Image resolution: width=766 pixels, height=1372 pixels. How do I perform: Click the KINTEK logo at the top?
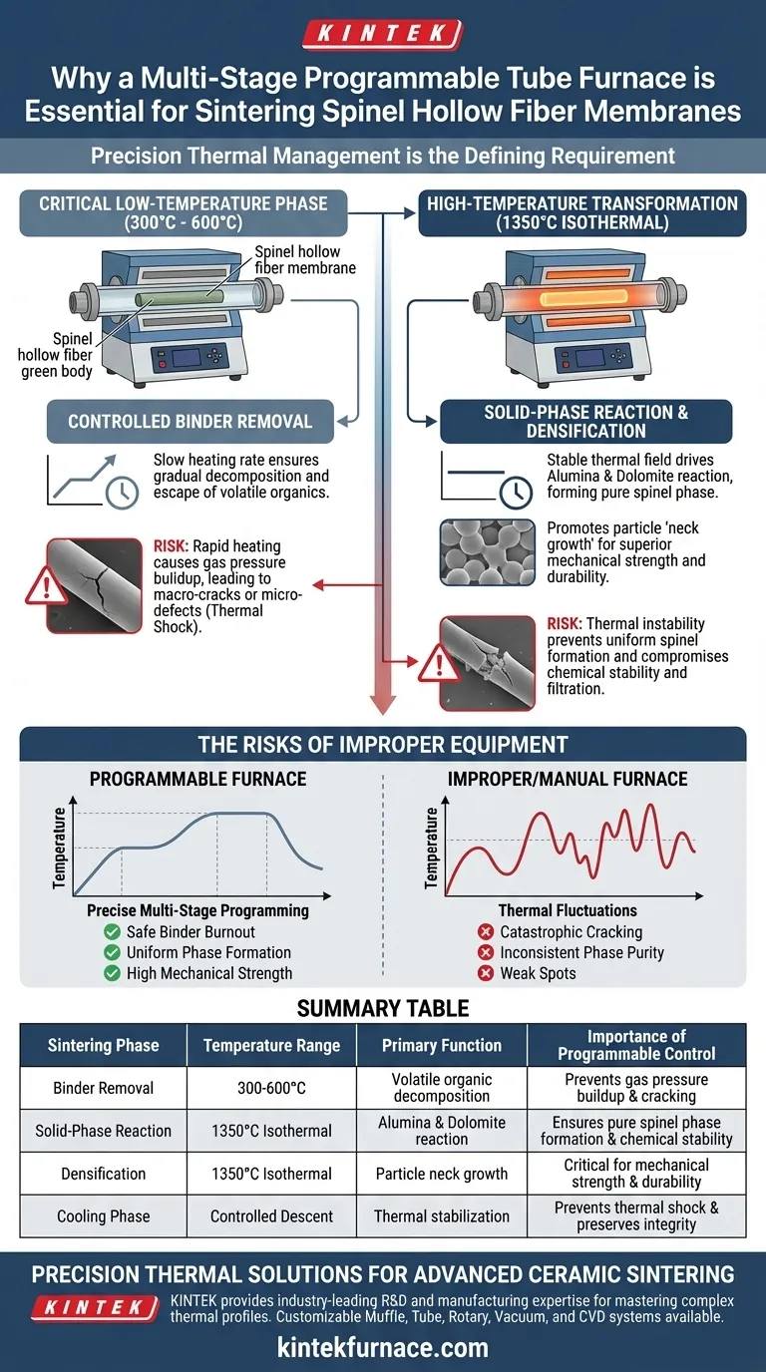[382, 34]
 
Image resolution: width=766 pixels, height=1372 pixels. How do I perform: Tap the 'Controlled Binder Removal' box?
[191, 422]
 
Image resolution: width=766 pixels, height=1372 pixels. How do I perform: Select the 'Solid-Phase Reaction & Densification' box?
[585, 422]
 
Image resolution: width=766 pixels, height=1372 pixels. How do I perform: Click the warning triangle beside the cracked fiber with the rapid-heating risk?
[46, 586]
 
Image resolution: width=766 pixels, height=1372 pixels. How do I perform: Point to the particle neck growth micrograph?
[487, 552]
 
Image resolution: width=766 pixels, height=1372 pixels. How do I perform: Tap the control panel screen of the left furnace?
[187, 357]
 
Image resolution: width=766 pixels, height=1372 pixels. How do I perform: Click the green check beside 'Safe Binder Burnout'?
[112, 931]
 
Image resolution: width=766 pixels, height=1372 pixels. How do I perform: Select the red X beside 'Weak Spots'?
[486, 973]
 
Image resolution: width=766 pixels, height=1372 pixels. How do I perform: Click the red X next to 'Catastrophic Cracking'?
[486, 931]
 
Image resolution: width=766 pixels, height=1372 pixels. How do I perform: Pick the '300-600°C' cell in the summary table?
[271, 1088]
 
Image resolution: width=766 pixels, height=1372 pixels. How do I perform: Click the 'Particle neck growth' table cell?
[442, 1174]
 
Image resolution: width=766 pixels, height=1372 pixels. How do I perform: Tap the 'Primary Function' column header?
[442, 1045]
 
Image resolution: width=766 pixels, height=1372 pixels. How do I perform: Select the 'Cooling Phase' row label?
[104, 1215]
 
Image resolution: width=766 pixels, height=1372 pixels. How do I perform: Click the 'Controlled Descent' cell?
[271, 1215]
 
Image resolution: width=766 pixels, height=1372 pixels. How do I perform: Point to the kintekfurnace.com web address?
[383, 1347]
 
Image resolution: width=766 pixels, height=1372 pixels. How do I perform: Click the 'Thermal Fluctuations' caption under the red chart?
[568, 910]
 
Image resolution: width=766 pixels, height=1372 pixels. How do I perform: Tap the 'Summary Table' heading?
[383, 1008]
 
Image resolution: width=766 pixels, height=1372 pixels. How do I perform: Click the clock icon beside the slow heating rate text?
[122, 492]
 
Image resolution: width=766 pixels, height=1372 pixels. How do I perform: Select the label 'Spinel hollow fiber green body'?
[56, 355]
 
